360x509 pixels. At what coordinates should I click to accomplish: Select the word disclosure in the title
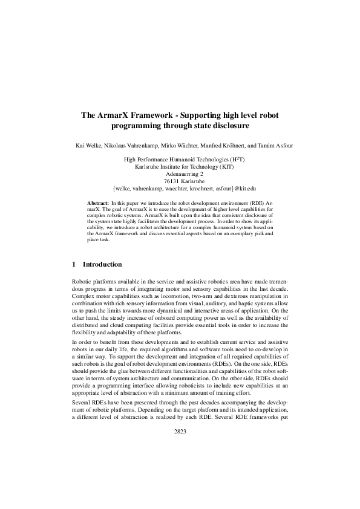tap(226, 126)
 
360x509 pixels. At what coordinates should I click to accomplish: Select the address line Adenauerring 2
tap(180, 173)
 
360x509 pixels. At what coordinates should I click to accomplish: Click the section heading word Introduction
tap(102, 264)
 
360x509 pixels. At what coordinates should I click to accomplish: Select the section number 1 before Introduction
tap(74, 264)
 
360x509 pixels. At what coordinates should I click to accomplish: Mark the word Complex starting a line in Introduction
tap(83, 296)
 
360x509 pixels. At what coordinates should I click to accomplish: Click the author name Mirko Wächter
tap(177, 146)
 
